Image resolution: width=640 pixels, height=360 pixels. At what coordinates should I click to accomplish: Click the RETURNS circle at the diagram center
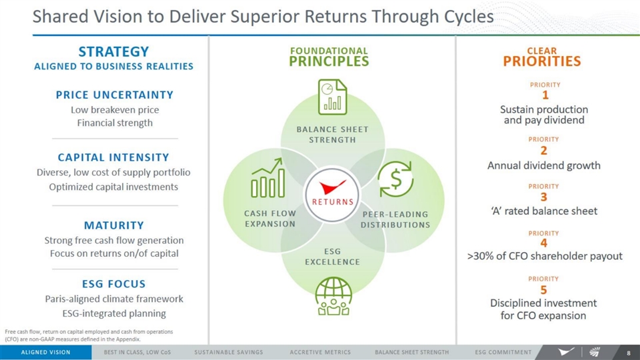(x=332, y=195)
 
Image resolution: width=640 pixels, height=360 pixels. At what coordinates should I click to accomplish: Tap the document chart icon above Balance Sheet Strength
(x=332, y=97)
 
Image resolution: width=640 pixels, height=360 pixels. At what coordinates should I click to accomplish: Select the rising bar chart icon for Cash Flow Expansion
(x=268, y=177)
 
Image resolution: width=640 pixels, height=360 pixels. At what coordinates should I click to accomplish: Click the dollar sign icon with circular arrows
(x=395, y=179)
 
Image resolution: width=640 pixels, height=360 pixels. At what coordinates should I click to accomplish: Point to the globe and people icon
(x=333, y=296)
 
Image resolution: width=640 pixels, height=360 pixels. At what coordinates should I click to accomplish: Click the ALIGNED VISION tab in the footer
(x=46, y=352)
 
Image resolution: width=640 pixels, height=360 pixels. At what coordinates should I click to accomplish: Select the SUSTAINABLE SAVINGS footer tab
(x=229, y=352)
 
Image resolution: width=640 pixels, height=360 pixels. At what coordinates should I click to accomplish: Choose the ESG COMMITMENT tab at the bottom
(x=503, y=352)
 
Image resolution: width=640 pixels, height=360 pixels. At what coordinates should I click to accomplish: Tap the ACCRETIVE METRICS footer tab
(x=321, y=352)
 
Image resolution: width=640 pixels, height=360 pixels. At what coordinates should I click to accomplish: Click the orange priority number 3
(x=544, y=197)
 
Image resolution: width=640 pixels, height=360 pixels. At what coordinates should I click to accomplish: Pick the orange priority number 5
(x=544, y=290)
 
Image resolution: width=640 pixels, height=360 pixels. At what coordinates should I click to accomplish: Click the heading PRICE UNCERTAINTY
(x=115, y=95)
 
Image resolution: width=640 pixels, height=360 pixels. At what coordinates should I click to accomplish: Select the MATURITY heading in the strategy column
(x=114, y=225)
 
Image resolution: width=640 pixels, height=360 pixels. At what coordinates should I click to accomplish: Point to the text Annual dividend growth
(x=544, y=165)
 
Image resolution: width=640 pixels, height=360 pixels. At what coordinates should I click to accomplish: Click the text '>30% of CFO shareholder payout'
(x=545, y=256)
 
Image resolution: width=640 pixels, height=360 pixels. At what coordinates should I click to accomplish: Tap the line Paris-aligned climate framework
(x=114, y=299)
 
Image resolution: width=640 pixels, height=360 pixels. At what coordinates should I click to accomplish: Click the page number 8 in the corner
(x=629, y=353)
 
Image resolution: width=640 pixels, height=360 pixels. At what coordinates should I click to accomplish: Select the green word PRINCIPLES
(x=329, y=61)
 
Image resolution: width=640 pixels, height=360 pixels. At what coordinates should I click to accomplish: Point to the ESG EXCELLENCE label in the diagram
(x=332, y=256)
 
